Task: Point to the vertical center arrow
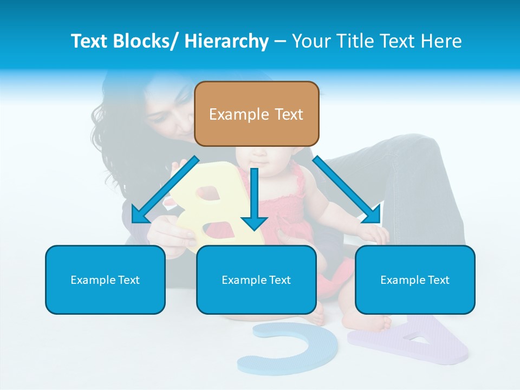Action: (x=254, y=200)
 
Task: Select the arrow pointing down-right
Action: (x=347, y=190)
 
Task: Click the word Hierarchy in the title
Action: (x=226, y=41)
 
